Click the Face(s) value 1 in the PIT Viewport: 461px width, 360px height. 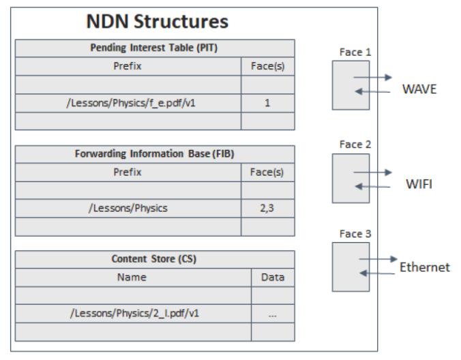click(268, 104)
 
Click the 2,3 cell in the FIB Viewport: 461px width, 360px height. click(268, 209)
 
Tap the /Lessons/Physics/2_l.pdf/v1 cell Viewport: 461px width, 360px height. click(134, 314)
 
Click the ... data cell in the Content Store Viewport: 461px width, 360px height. click(273, 314)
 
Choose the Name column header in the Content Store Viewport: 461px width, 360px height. click(134, 277)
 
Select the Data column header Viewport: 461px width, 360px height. click(273, 277)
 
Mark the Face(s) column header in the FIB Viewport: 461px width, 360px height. click(268, 172)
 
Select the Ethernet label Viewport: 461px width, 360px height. click(424, 268)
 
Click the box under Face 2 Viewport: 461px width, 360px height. click(351, 177)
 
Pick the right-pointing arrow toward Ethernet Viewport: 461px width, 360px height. click(379, 259)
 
